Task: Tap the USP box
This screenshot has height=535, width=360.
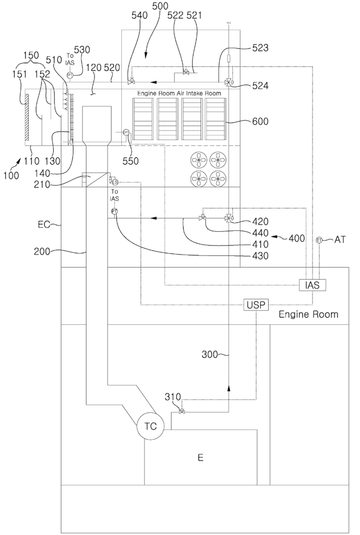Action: pos(256,305)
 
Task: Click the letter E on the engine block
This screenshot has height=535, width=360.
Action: pos(200,458)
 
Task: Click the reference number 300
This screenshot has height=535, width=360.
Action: pos(210,355)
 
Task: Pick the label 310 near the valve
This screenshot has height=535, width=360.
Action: pos(172,396)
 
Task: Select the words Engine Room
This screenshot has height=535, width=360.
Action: pos(308,314)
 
